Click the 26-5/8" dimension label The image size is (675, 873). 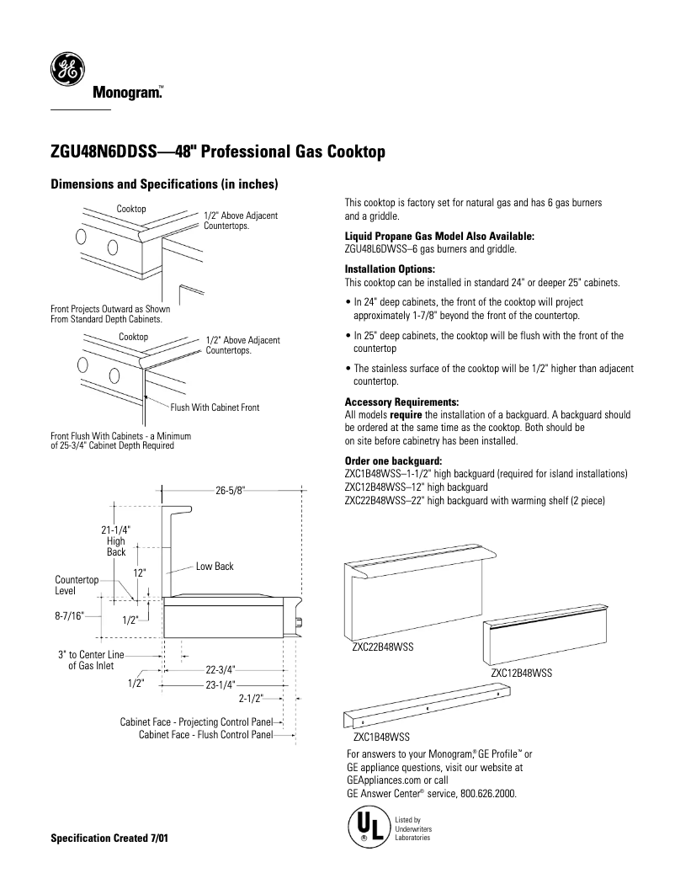coord(230,491)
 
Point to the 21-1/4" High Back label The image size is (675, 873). coord(116,540)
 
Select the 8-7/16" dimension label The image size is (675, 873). coord(69,616)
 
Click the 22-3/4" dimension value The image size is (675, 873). coord(221,670)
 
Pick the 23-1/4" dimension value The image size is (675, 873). coord(221,684)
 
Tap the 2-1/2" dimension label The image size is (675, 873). coord(251,699)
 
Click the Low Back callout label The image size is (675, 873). coord(215,567)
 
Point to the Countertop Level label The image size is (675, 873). coord(77,585)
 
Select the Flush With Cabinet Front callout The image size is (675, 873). coord(215,407)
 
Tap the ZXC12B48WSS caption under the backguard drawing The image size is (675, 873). coord(521,673)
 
